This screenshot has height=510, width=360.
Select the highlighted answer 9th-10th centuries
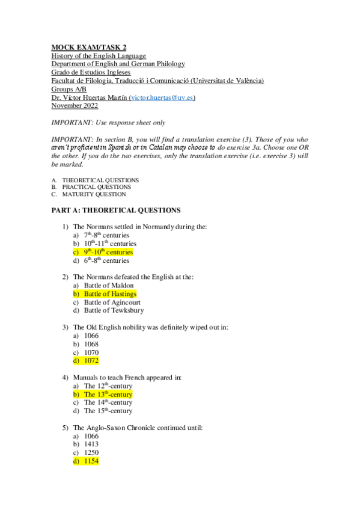pos(108,253)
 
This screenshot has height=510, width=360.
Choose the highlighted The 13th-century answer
pos(108,395)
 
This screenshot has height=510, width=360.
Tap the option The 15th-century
pos(108,411)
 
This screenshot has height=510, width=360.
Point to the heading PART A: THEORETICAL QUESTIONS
pos(115,210)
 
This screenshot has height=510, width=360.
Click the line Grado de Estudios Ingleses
pos(91,72)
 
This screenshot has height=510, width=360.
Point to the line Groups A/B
pos(69,89)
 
